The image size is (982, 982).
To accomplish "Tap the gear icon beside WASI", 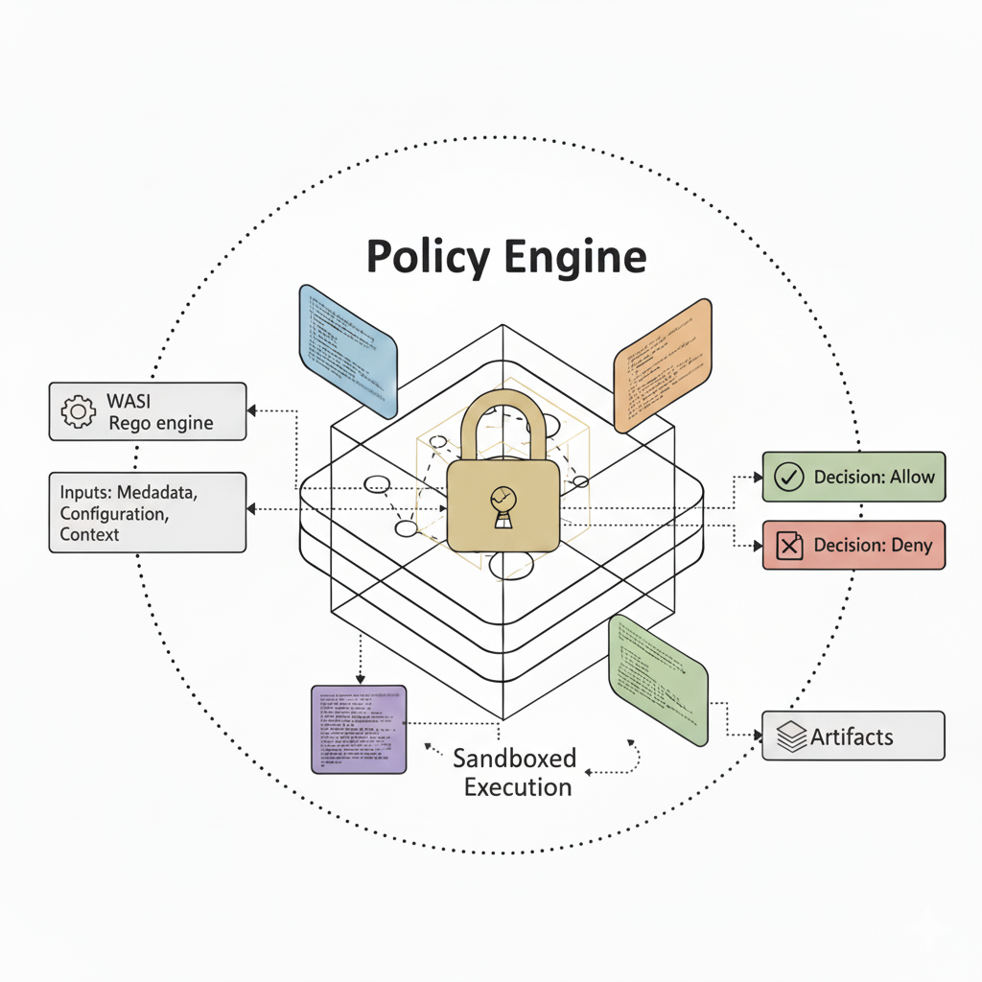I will click(x=78, y=410).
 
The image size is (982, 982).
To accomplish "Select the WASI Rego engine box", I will click(x=148, y=411).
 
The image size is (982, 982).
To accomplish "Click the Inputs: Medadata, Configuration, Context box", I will click(x=148, y=512).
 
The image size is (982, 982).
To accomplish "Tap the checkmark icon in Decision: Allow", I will click(x=788, y=477).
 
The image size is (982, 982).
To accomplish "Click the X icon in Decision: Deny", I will click(x=788, y=547).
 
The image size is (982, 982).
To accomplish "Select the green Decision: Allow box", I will click(x=853, y=477).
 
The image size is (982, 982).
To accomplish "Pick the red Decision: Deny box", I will click(x=853, y=546).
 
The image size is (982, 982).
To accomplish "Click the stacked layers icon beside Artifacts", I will click(x=790, y=737).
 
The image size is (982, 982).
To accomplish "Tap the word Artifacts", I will click(x=852, y=737).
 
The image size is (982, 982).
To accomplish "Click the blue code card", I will click(x=348, y=351).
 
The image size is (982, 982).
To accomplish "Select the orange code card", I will click(x=664, y=365).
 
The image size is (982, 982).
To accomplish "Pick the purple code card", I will click(x=359, y=729).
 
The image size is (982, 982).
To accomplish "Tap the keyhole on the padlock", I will click(x=502, y=503).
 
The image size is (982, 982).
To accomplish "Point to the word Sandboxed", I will click(x=514, y=759).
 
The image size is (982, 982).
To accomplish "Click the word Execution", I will click(x=518, y=788).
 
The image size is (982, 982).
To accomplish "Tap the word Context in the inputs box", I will click(x=89, y=535).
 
